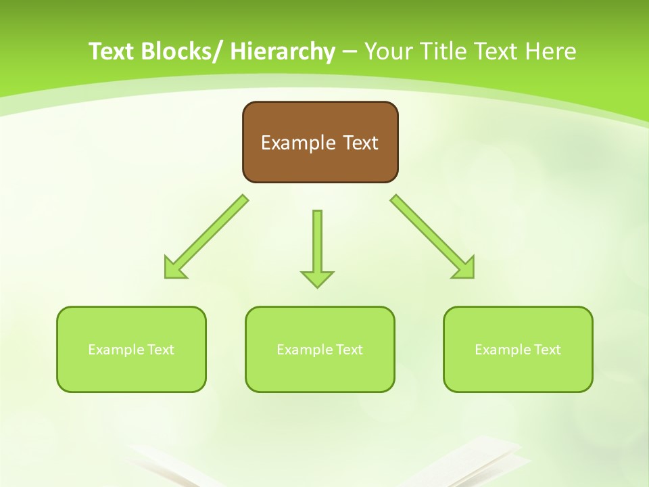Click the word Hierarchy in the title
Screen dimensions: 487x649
(x=283, y=51)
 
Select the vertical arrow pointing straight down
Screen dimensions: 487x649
(x=317, y=247)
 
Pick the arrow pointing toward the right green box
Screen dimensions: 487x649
(x=433, y=237)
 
